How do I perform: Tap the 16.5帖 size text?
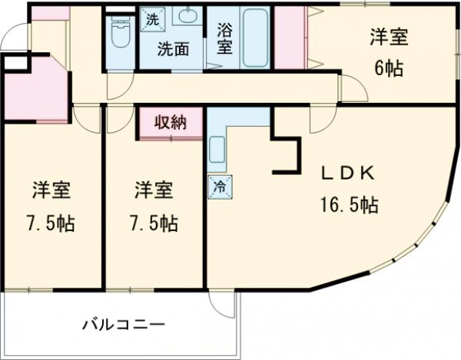point(348,206)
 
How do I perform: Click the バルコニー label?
point(124,325)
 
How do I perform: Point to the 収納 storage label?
point(172,122)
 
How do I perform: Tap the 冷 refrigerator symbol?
point(217,187)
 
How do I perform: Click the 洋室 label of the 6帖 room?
point(388,37)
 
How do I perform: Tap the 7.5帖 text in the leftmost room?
point(52,223)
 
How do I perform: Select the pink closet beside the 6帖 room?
point(291,38)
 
